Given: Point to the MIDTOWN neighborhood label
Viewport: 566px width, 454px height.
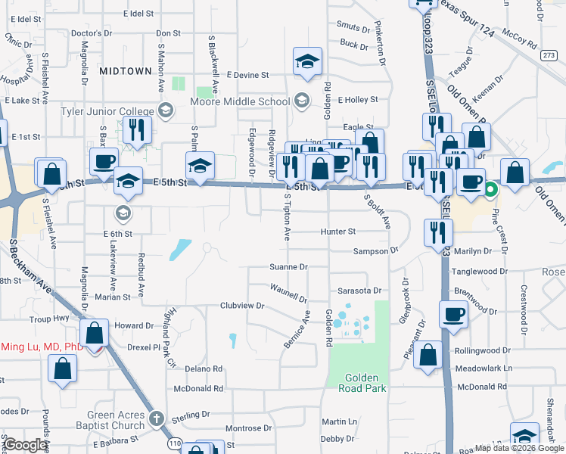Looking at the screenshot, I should tap(125, 70).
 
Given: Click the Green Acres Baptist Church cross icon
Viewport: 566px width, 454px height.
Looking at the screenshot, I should tap(156, 418).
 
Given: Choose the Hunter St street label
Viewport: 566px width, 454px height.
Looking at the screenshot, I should tap(337, 232).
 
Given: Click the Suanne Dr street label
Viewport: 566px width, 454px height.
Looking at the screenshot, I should tap(288, 267).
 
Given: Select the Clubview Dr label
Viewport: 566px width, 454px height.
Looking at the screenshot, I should tap(241, 306).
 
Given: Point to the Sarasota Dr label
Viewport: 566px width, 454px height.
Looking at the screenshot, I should tap(359, 290).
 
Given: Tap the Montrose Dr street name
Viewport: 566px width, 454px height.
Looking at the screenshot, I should tap(243, 428).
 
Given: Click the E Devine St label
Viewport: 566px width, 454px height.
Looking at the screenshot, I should tap(248, 75).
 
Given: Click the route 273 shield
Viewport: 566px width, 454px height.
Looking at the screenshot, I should tap(549, 54).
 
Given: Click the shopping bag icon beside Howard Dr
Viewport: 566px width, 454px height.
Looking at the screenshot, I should tap(95, 332).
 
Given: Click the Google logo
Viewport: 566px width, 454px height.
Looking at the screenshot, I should tap(26, 446).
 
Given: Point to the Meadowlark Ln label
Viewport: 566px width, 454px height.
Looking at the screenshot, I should tap(485, 368).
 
